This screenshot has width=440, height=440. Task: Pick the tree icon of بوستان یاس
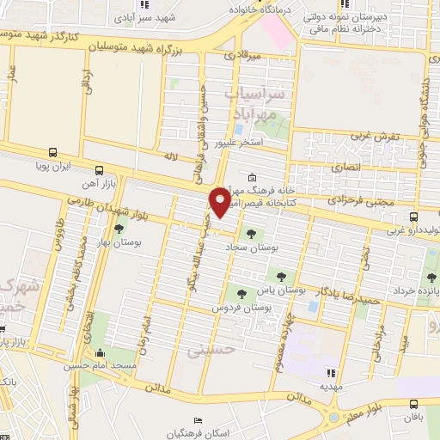281,275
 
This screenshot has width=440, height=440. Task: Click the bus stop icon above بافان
414,403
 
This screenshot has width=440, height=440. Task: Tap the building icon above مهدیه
330,372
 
